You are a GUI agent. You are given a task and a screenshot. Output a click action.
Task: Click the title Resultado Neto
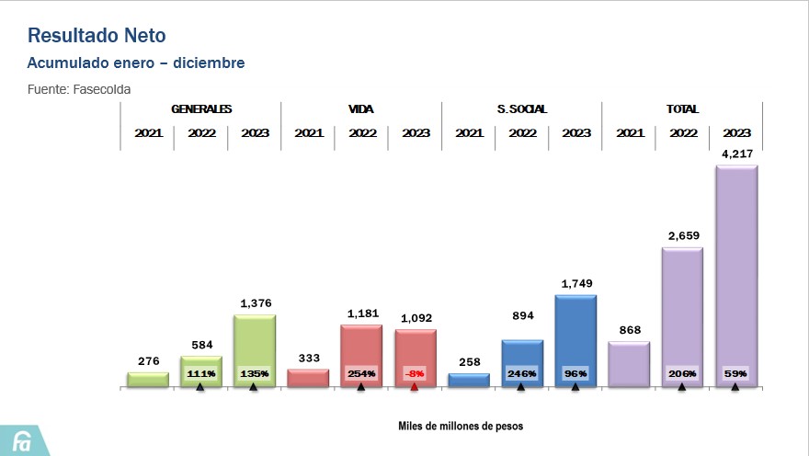[97, 36]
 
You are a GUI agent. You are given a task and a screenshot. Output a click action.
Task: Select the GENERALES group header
[201, 108]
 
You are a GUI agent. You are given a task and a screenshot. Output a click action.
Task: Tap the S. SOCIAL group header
[522, 108]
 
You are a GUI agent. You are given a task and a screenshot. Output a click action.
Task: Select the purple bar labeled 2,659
[682, 313]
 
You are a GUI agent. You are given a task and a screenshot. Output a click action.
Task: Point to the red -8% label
[416, 373]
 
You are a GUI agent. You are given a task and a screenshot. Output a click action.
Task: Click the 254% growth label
[361, 373]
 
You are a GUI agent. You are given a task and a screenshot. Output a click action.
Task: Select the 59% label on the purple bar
[735, 373]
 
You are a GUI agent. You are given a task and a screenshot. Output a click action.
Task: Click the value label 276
[148, 362]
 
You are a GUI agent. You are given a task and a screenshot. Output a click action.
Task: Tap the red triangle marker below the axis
[415, 388]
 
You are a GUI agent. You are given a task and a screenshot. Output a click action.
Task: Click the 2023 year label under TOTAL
[736, 132]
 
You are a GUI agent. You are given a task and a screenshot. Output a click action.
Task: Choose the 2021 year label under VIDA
[308, 132]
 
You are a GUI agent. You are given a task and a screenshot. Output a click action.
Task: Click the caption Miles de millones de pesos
[461, 427]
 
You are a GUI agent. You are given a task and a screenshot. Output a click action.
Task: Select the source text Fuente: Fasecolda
[79, 90]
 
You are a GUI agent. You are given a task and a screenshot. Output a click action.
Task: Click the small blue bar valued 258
[469, 379]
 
